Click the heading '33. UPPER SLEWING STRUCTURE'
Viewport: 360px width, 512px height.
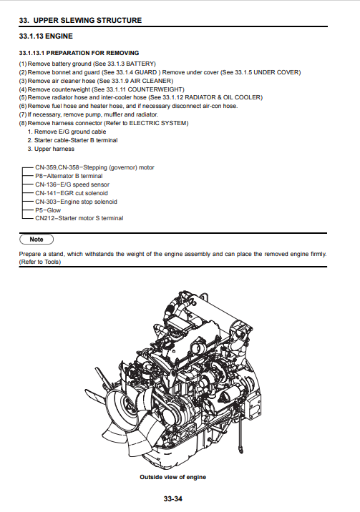80,20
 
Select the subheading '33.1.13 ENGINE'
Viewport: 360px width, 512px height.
46,36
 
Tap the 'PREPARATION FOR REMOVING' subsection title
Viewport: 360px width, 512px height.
93,53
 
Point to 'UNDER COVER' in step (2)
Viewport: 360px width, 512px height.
276,72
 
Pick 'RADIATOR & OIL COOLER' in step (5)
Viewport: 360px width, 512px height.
223,97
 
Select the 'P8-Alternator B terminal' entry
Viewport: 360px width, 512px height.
69,176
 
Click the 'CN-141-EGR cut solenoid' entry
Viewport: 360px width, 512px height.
72,193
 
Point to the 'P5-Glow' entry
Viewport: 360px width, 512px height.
48,210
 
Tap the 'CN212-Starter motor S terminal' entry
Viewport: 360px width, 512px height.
79,218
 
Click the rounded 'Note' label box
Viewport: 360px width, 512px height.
37,240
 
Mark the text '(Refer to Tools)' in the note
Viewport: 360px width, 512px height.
40,262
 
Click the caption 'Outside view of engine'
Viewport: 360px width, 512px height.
172,477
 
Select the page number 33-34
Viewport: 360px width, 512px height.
172,498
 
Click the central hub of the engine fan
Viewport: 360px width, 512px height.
126,407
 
